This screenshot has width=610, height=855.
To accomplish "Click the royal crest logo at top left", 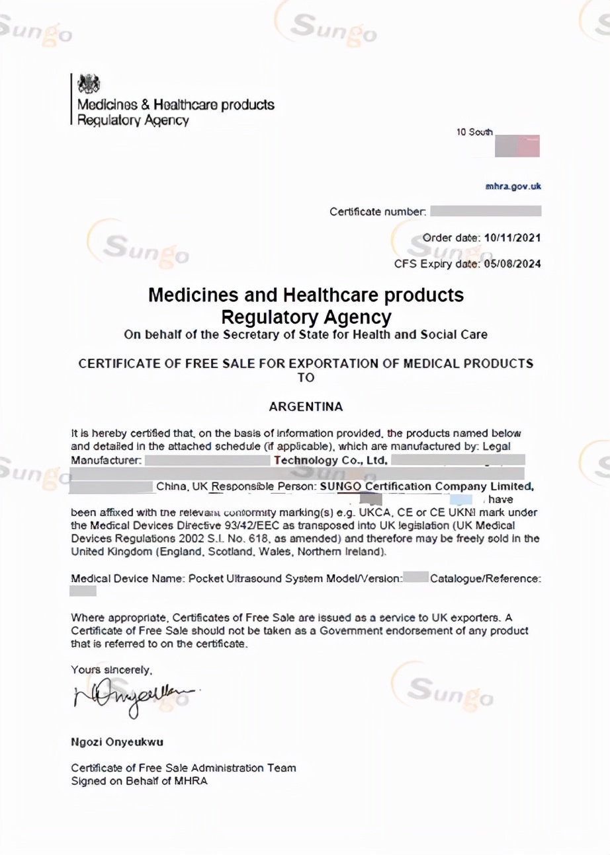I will (x=88, y=84).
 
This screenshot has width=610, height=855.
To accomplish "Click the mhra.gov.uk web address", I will (x=513, y=186).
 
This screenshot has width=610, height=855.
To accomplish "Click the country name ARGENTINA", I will (x=306, y=407).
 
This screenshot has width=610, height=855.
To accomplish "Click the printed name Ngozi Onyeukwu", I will (x=117, y=741).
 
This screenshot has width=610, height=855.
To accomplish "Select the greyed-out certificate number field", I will (x=486, y=211).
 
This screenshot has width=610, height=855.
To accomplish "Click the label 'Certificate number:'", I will (x=378, y=212).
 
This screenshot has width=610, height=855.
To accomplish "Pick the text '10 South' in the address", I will (x=474, y=132).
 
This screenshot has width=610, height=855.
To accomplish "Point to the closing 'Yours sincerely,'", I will (x=112, y=669).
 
